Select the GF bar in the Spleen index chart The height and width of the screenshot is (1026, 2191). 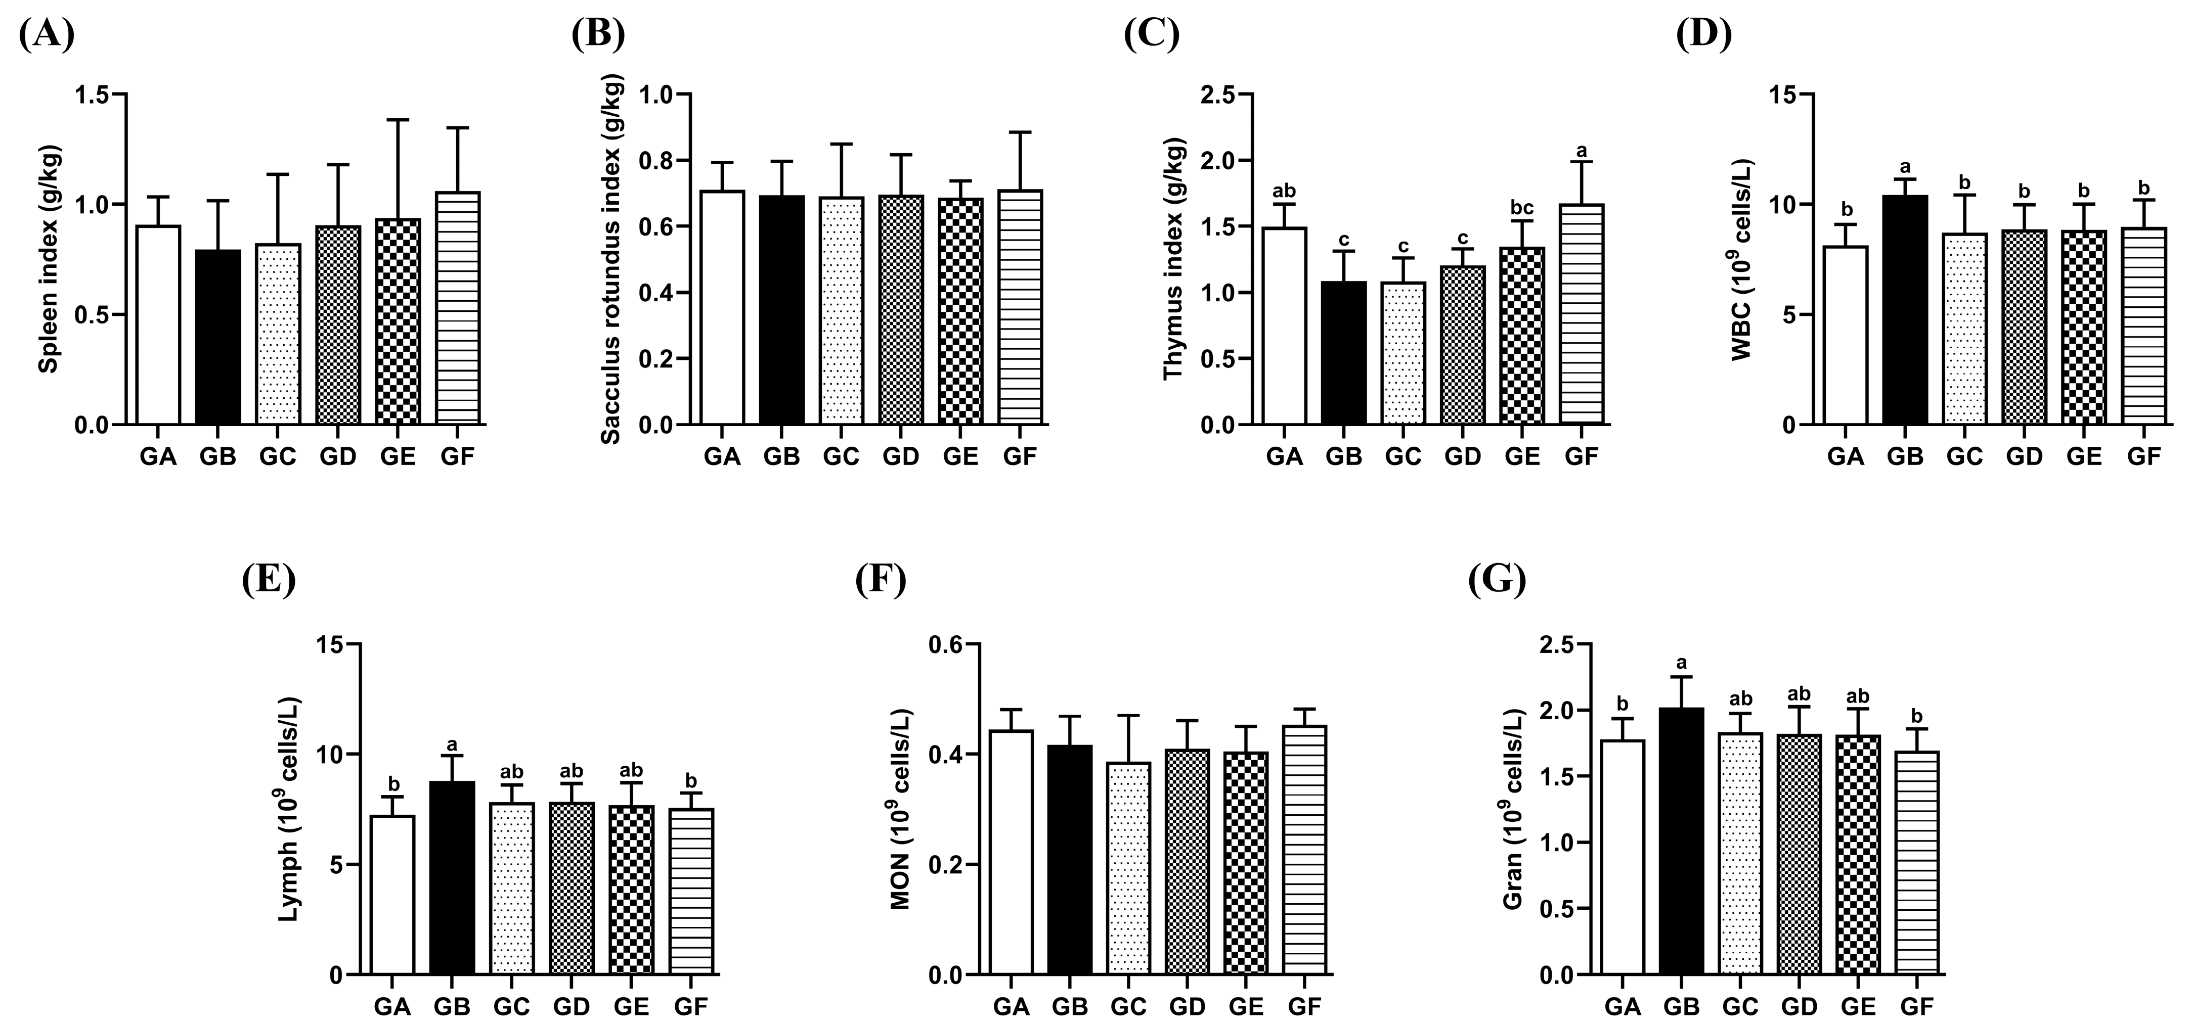[x=458, y=308]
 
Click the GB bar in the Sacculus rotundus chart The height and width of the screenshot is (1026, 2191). [x=781, y=310]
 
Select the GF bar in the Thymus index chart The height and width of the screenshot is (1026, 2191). [x=1582, y=314]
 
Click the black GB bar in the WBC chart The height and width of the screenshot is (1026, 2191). [x=1905, y=310]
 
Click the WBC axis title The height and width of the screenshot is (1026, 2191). [x=1743, y=259]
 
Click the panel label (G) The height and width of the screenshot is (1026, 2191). [x=1497, y=581]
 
